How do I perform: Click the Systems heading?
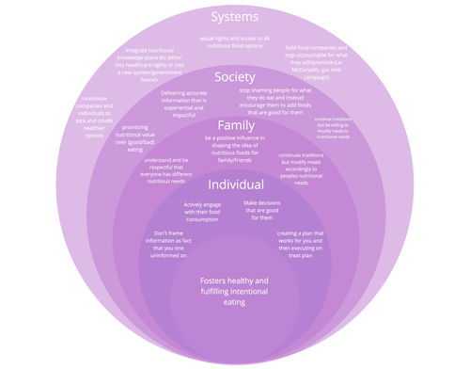[x=235, y=17]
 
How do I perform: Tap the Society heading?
[x=235, y=76]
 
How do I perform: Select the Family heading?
[x=236, y=125]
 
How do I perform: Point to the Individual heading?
[x=235, y=184]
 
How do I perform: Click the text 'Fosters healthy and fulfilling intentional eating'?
[x=235, y=292]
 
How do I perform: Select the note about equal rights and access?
[x=234, y=41]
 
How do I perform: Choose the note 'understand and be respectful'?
[x=170, y=170]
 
